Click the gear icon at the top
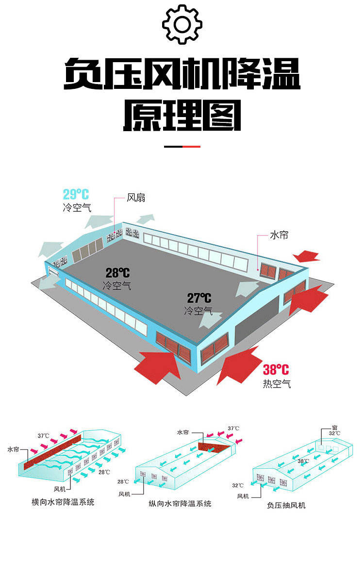point(182,25)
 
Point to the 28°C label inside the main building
point(117,273)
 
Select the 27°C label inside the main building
point(199,298)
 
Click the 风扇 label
point(136,198)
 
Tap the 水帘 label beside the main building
point(279,236)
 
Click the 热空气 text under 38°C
point(277,384)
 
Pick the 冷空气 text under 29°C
point(77,208)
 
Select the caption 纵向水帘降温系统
point(180,504)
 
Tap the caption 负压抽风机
point(286,505)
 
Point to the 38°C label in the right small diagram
point(303,461)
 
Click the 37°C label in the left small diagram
point(44,435)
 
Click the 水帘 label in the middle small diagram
point(183,432)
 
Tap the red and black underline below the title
point(182,146)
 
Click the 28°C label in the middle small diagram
point(123,482)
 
